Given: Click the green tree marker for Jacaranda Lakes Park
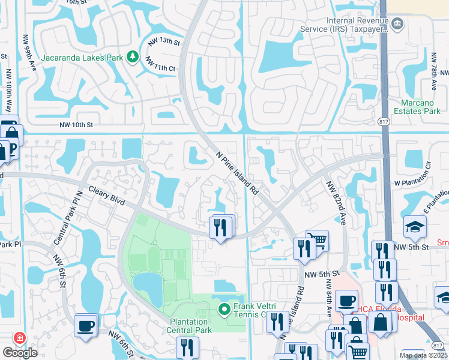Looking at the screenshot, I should (132, 58).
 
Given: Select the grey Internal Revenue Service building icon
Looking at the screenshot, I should (397, 23).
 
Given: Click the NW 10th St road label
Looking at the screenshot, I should (77, 125).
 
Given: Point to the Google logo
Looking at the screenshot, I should (20, 352).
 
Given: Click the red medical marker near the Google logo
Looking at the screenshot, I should (20, 338).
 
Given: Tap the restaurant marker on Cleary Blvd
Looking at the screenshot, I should (220, 228).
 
